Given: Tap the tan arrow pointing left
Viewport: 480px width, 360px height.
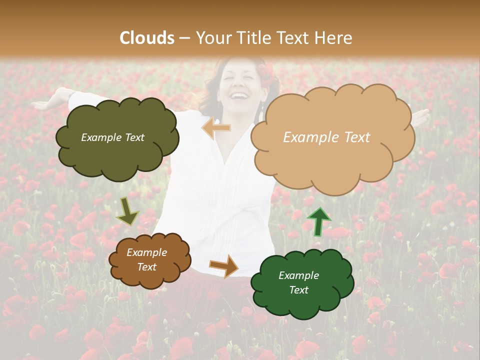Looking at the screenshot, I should tap(216, 128).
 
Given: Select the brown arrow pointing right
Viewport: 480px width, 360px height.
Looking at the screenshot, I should tap(224, 265).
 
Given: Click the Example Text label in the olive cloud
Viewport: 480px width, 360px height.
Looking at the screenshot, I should tap(112, 137).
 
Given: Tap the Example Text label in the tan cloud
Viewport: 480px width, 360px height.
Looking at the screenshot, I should tap(326, 137).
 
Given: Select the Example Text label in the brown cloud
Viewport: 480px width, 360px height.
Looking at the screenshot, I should tap(147, 260).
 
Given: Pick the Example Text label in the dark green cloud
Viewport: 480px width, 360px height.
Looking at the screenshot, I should tap(298, 282).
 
